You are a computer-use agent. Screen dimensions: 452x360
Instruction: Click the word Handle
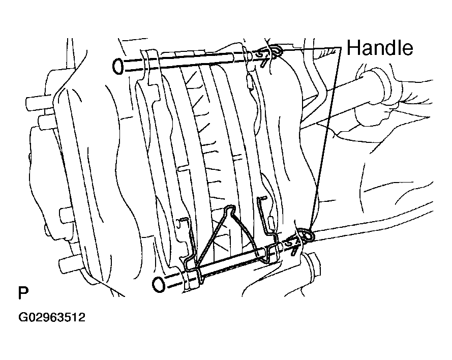[x=379, y=48]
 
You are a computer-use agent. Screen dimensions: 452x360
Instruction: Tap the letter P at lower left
[x=23, y=293]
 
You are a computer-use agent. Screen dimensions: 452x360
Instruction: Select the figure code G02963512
[x=52, y=317]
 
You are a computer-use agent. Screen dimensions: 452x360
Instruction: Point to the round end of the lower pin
[x=158, y=284]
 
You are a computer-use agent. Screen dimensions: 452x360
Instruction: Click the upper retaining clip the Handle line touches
[x=276, y=51]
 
